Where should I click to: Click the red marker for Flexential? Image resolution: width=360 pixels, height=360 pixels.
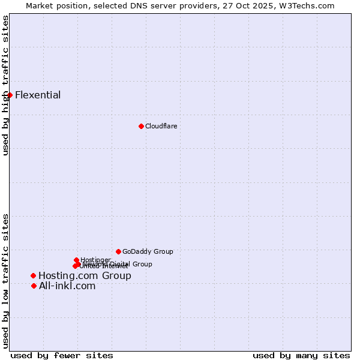pos(10,95)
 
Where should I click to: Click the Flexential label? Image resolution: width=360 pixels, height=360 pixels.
pos(38,95)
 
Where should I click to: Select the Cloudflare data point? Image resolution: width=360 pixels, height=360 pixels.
pos(141,126)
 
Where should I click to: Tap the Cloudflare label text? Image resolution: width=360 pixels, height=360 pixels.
pos(161,126)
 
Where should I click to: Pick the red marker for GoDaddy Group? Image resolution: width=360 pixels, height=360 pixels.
pos(118,251)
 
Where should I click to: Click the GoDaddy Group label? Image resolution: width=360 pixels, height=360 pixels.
pos(148,251)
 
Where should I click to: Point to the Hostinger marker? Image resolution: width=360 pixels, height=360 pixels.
pos(76,260)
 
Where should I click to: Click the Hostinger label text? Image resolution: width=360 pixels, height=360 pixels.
pos(95,260)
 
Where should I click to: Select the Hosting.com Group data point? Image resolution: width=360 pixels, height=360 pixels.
pos(33,275)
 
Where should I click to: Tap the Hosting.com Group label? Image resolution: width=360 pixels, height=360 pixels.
pos(85,276)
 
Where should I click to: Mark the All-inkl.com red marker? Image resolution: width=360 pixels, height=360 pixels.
pos(34,286)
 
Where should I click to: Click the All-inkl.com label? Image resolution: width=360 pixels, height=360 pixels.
pos(67,286)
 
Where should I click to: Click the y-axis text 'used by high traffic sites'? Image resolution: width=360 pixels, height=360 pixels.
pos(6,85)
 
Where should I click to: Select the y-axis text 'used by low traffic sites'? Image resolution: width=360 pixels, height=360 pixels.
pos(6,281)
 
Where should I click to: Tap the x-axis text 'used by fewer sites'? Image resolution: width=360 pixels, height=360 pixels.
pos(62,355)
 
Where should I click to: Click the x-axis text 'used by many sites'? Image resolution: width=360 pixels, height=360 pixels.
pos(301,355)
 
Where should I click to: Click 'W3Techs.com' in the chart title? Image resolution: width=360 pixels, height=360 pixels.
pos(310,5)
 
